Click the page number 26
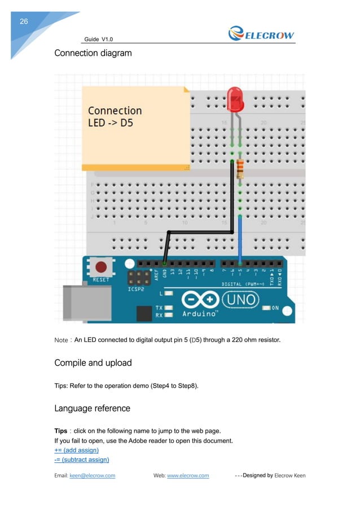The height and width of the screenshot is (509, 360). coord(24,21)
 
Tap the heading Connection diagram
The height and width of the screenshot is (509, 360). coord(93,54)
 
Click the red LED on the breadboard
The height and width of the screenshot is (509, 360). coord(235,99)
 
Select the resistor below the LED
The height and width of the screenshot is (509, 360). coord(240,168)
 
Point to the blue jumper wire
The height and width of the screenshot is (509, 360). coord(240,240)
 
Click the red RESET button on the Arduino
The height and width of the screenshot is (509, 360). coord(102,267)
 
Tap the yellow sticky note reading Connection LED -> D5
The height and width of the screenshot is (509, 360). coord(136,127)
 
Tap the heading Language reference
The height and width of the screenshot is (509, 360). coord(92,408)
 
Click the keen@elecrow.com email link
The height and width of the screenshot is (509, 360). coord(92,476)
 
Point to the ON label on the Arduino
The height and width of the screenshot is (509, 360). coord(275,308)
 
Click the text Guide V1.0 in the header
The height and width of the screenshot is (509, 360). coord(99,39)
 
